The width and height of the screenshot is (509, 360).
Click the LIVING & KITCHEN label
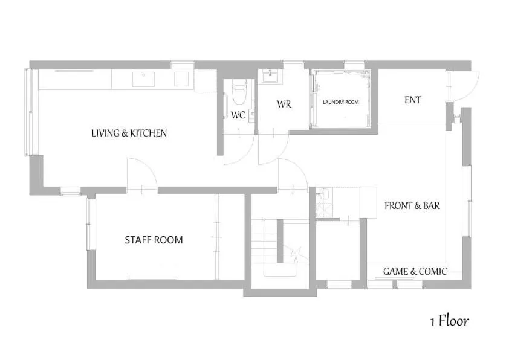pyautogui.click(x=129, y=133)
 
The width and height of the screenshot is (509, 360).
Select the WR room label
pyautogui.click(x=284, y=104)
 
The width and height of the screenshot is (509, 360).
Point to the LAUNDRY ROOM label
pyautogui.click(x=340, y=102)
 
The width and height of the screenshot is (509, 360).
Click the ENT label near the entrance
pyautogui.click(x=413, y=100)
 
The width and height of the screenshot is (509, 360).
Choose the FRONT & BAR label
pyautogui.click(x=412, y=206)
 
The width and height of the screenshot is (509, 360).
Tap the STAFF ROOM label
pyautogui.click(x=154, y=240)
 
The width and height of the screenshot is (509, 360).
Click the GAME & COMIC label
pyautogui.click(x=415, y=272)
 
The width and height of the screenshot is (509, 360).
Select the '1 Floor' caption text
pyautogui.click(x=449, y=320)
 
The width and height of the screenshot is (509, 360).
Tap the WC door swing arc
pyautogui.click(x=236, y=151)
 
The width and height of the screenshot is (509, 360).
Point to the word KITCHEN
pyautogui.click(x=147, y=133)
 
